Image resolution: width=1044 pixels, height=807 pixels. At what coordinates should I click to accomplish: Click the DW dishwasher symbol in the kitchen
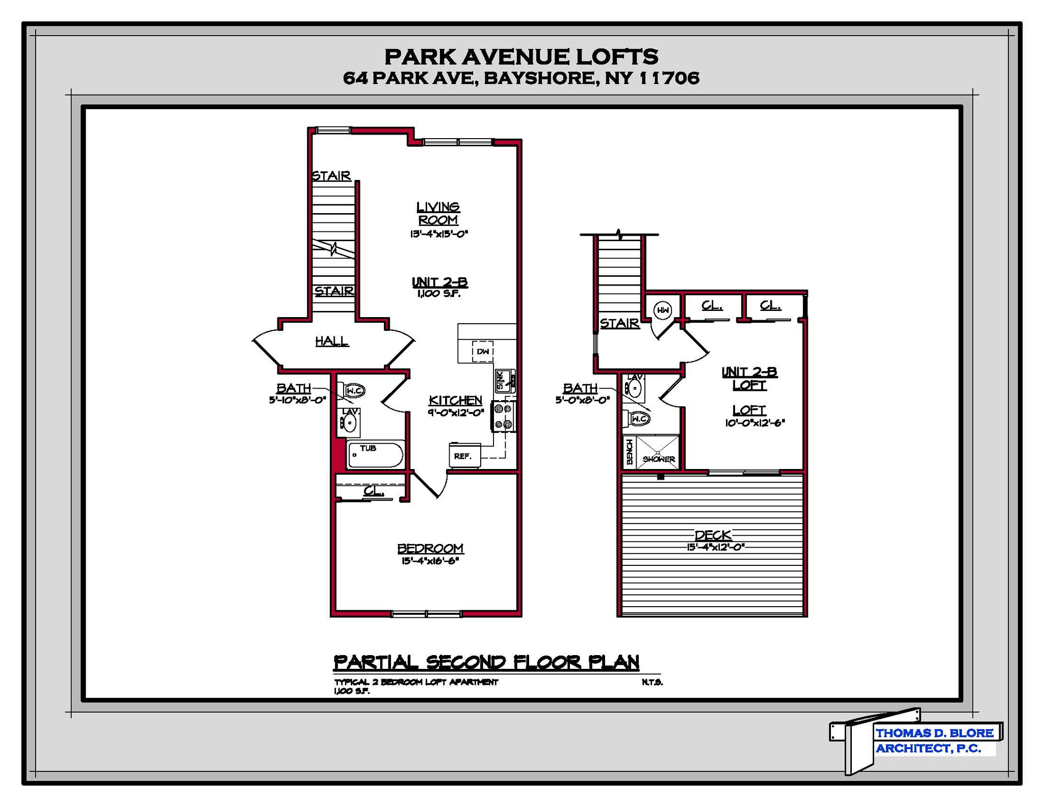pos(482,351)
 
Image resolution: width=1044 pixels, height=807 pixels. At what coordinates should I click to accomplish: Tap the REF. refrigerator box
pos(464,455)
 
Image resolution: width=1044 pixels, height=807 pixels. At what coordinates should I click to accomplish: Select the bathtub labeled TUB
pos(376,454)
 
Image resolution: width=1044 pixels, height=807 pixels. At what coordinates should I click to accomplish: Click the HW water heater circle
pos(663,310)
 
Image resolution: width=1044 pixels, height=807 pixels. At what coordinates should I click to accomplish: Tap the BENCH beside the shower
pos(630,452)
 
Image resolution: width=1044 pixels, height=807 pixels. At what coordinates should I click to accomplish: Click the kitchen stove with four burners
pos(503,416)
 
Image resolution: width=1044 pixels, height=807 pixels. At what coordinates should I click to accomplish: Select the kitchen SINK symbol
pos(505,380)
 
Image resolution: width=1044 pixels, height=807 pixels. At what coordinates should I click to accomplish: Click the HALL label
pos(332,341)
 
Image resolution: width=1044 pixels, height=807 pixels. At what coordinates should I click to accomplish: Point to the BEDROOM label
pos(430,548)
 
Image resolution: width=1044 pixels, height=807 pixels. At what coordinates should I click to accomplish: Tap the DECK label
pos(713,535)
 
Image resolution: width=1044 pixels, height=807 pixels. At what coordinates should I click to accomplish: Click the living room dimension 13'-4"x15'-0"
pos(439,234)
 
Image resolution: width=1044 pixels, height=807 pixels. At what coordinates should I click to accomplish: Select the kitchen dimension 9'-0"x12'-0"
pos(456,413)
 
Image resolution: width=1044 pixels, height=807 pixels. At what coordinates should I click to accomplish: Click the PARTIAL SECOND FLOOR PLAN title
pos(486,662)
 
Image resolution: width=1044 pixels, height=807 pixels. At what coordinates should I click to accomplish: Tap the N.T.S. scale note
pos(652,682)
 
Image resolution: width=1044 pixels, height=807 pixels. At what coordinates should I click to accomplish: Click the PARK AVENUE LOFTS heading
pos(521,57)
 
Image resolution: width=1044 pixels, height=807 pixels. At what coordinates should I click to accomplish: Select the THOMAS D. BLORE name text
pos(934,733)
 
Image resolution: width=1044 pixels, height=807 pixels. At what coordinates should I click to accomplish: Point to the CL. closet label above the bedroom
pos(373,491)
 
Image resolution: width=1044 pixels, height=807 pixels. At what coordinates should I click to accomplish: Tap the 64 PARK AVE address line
pos(521,78)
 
